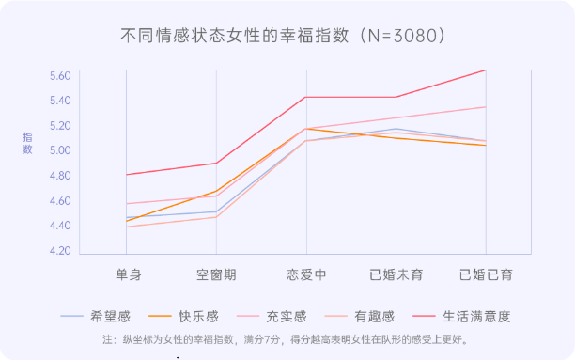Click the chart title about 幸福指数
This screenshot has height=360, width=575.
click(282, 36)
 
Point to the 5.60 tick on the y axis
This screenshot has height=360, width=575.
click(60, 76)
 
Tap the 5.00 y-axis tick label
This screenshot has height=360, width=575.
click(60, 151)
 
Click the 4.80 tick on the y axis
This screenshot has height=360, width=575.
click(60, 177)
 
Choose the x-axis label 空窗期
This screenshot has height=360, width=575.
click(216, 274)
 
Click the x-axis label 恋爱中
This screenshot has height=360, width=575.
click(306, 274)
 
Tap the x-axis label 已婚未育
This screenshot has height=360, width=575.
click(396, 274)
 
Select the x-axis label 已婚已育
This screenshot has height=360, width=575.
click(486, 274)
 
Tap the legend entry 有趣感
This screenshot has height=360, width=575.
click(374, 317)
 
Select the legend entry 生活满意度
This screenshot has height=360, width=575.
click(475, 317)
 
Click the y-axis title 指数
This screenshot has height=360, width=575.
click(27, 144)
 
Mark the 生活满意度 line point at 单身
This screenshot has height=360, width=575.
click(127, 175)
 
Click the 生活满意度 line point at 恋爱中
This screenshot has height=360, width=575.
click(306, 97)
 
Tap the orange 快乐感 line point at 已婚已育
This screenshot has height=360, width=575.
click(486, 145)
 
